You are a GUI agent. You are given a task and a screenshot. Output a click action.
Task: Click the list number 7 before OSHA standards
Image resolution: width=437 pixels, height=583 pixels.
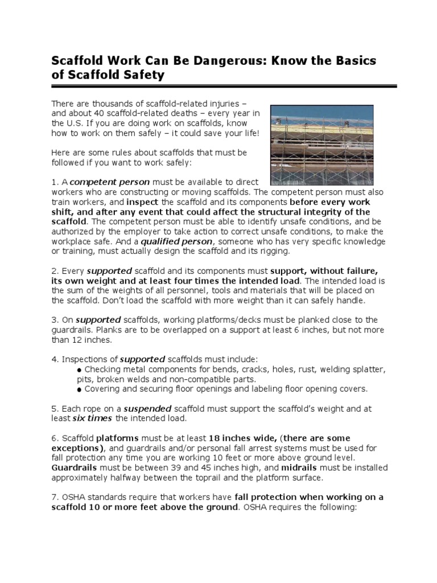coord(53,497)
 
